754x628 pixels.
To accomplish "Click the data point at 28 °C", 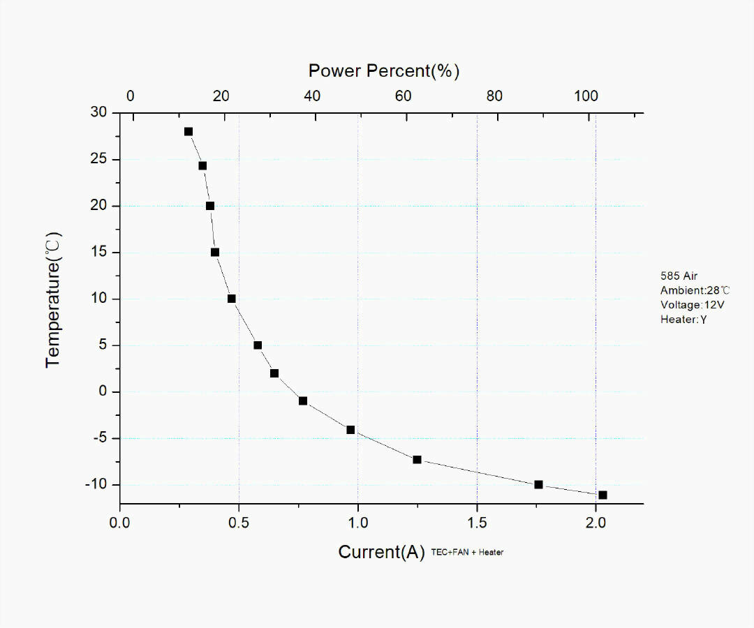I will pyautogui.click(x=188, y=131).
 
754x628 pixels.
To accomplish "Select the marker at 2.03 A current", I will pyautogui.click(x=603, y=495).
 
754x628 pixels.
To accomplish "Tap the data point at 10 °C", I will pyautogui.click(x=232, y=299).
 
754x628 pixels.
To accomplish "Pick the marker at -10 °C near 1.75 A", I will pyautogui.click(x=538, y=484).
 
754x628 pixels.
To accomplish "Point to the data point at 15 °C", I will pyautogui.click(x=215, y=253).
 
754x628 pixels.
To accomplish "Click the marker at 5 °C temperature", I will pyautogui.click(x=258, y=345).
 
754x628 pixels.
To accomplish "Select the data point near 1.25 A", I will pyautogui.click(x=417, y=459).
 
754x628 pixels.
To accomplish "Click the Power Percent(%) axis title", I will pyautogui.click(x=384, y=70).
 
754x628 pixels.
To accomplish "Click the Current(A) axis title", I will pyautogui.click(x=381, y=552).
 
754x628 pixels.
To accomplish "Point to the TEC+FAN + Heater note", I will pyautogui.click(x=468, y=553).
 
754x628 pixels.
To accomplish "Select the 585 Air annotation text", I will pyautogui.click(x=679, y=276).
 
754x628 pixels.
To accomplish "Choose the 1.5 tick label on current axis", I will pyautogui.click(x=477, y=522).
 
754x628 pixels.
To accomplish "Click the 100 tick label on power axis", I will pyautogui.click(x=586, y=96).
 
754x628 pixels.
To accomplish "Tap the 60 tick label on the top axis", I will pyautogui.click(x=404, y=96).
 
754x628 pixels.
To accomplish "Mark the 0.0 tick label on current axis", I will pyautogui.click(x=120, y=522).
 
